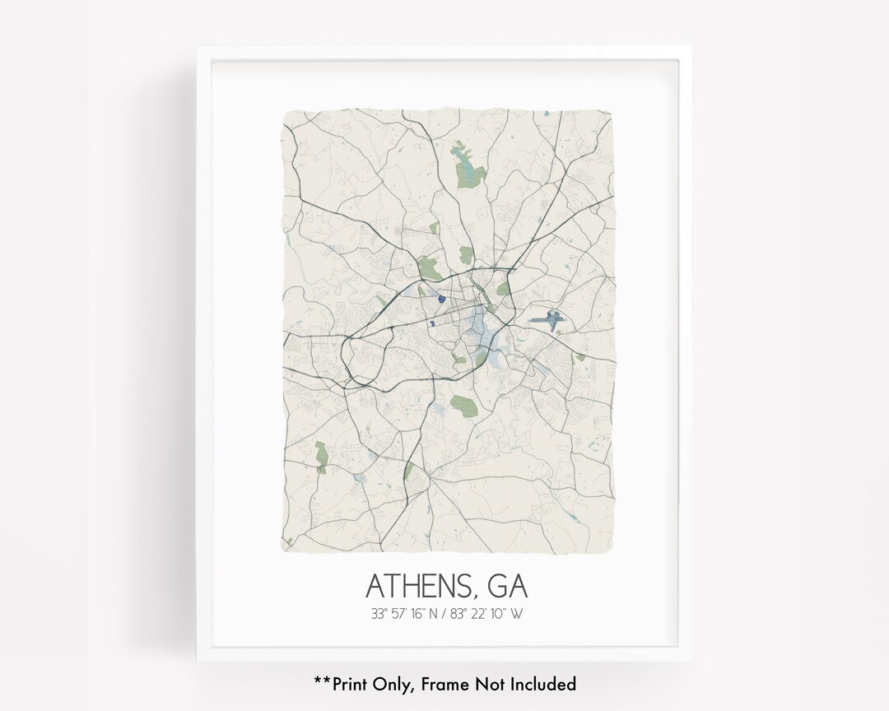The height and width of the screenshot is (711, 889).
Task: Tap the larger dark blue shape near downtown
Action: (441, 300)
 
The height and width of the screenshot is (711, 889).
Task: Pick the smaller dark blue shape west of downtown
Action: (432, 324)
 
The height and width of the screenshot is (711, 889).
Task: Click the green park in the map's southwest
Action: (322, 452)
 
